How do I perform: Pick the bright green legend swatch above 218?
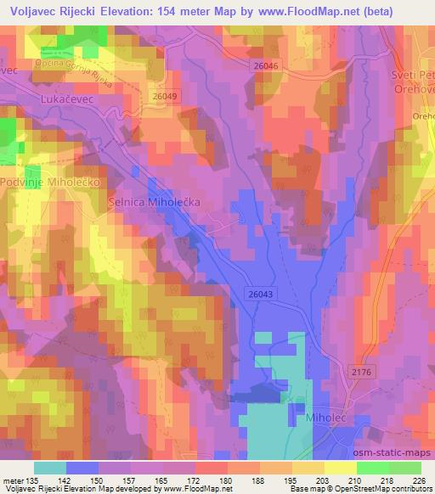373,467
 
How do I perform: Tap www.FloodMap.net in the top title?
302,13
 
